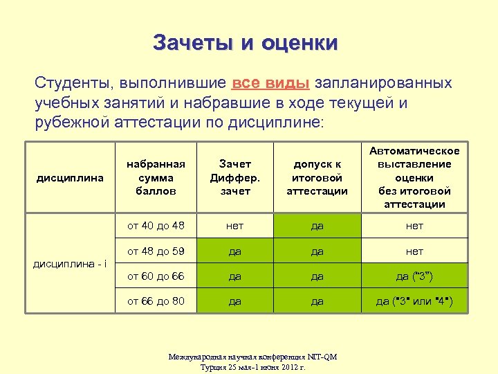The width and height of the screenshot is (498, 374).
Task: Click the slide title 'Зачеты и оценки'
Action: coord(246,43)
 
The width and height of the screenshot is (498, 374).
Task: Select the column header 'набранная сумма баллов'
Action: coord(156,178)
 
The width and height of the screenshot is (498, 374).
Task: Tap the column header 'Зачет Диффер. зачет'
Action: coord(235,178)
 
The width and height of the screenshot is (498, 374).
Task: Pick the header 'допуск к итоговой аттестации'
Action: coord(317,178)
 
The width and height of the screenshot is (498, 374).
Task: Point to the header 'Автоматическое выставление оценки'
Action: coord(414,178)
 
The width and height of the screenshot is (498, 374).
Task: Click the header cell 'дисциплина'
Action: coord(69,178)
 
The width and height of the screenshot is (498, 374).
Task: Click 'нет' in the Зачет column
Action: coord(235,226)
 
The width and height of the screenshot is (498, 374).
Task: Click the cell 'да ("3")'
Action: coord(414,276)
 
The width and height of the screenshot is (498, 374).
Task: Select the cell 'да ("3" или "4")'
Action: coord(414,302)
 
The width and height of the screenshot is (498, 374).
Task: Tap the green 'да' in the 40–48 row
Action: coord(317,226)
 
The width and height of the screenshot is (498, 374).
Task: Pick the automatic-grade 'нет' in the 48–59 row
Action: coord(414,251)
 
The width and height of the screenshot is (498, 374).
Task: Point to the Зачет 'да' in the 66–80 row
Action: coord(235,302)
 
